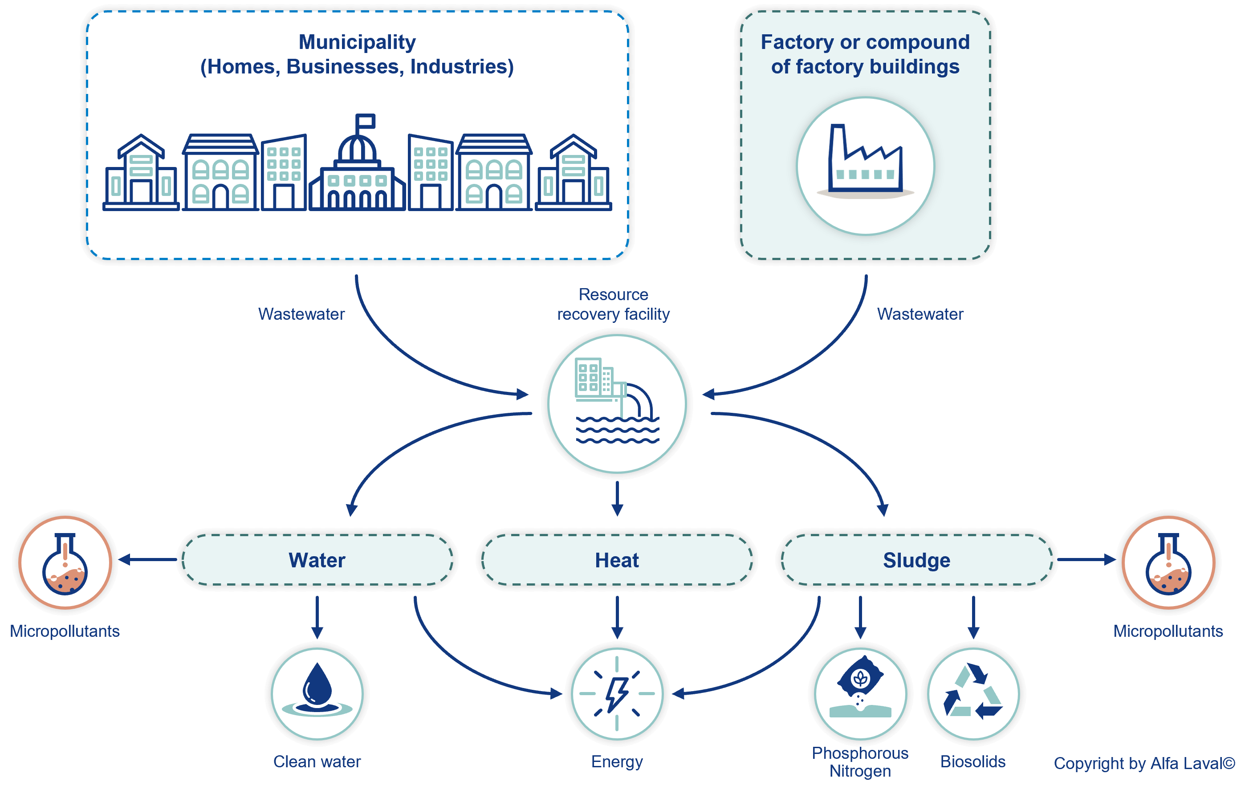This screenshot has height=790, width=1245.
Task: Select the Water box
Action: pos(317,560)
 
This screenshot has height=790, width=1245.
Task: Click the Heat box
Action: pos(617,560)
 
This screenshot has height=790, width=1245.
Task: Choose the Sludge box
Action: pos(916,560)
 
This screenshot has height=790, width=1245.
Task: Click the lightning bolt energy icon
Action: pos(617,693)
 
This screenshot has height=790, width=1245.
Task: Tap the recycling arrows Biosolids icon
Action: pos(973,693)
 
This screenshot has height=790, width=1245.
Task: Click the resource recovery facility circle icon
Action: pos(617,403)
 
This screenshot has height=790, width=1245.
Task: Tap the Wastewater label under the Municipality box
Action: pos(301,314)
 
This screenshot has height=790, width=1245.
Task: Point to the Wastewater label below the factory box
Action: pos(920,314)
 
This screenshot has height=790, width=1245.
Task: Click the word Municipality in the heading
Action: pos(357,42)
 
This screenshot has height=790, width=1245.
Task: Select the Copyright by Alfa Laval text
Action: pos(1144,763)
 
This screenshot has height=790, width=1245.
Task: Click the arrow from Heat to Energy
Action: pos(617,618)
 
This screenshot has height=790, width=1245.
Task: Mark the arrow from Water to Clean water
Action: pos(317,618)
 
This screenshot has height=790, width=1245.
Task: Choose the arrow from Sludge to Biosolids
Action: pos(973,618)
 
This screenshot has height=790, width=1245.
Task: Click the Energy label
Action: pos(617,761)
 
